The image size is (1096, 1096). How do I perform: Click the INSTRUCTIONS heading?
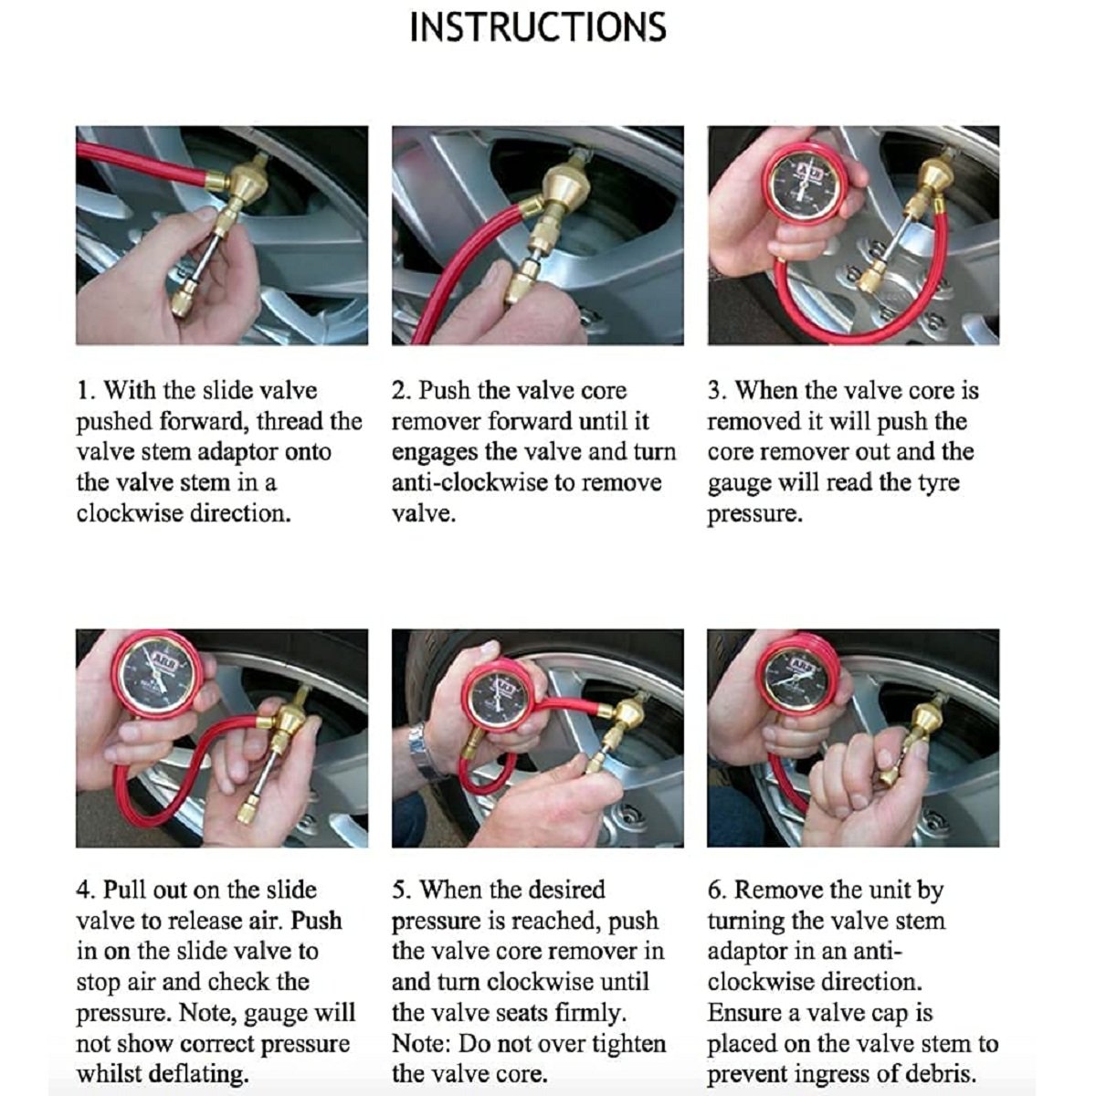537,26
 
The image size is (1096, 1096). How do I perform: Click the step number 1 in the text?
84,391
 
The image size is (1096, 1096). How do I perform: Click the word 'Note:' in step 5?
421,1044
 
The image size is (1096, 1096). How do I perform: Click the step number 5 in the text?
398,890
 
